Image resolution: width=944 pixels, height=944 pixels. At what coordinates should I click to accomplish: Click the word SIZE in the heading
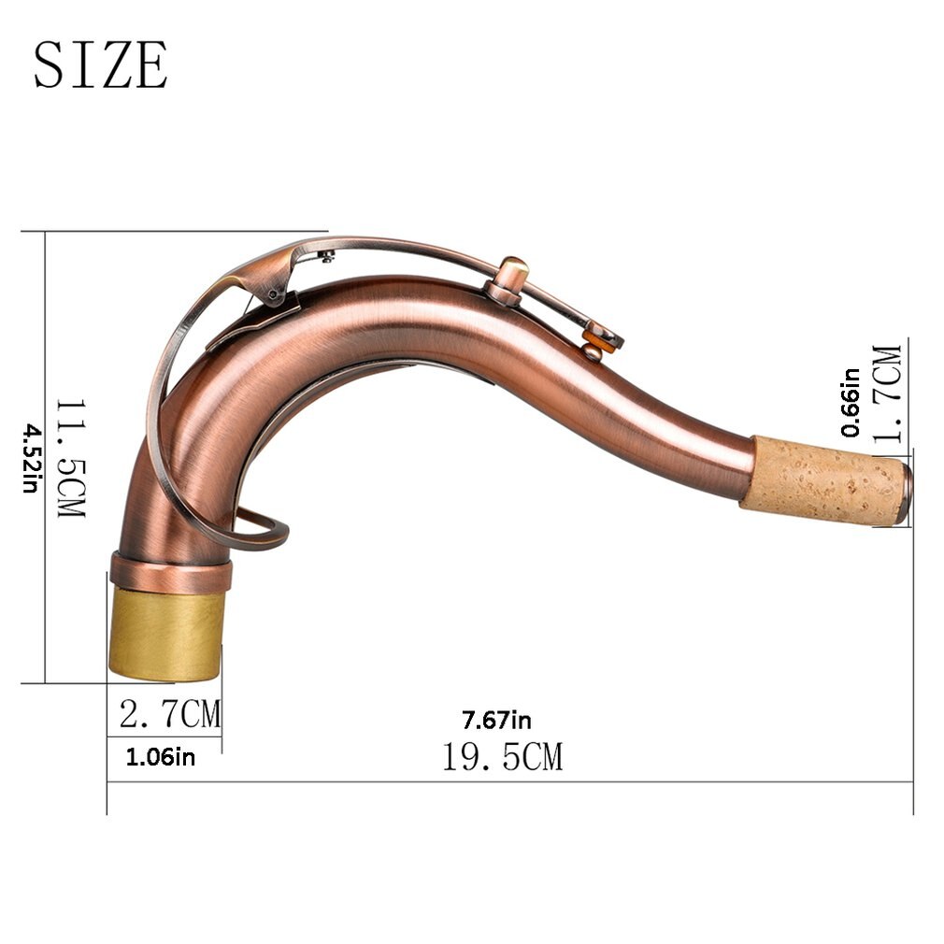pos(101,64)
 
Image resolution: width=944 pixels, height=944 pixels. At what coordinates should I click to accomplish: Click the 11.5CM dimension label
pos(70,458)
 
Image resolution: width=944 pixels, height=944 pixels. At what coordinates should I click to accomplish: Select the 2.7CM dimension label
pos(170,715)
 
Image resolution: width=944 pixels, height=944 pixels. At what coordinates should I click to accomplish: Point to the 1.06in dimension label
pos(161,757)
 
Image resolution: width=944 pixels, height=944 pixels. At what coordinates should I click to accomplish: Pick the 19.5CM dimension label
pos(502,756)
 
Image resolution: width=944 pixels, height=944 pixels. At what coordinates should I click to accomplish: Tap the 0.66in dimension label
pos(851,402)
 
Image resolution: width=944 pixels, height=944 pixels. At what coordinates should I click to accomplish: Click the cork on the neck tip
pos(822,479)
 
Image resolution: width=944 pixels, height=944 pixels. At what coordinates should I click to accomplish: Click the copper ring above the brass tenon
pos(170,571)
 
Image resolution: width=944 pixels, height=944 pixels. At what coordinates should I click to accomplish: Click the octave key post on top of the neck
pos(509,277)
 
